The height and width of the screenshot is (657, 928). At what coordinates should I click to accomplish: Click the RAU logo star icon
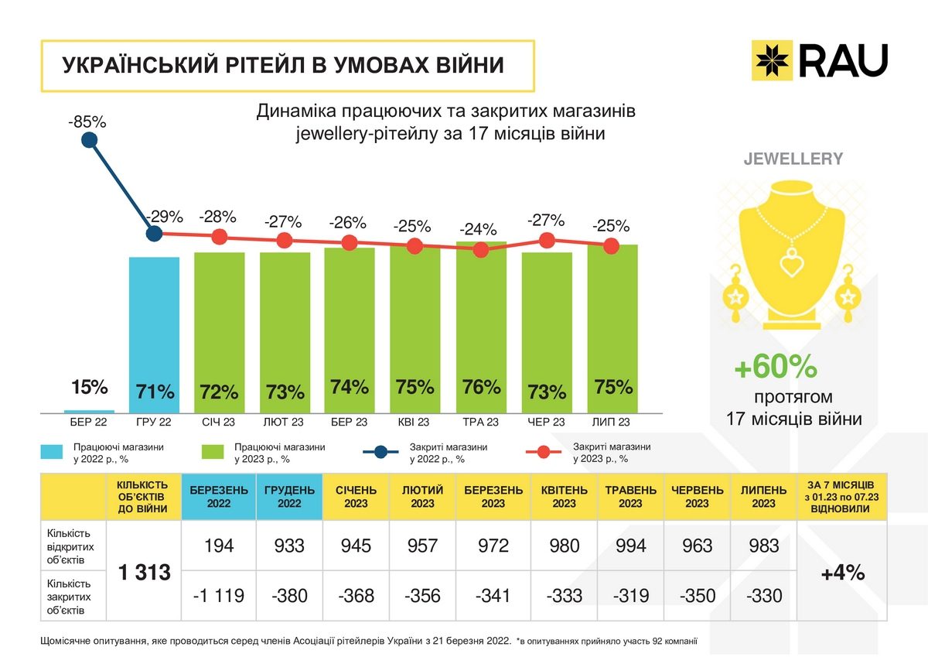click(773, 60)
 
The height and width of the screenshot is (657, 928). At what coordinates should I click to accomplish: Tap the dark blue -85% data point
click(89, 140)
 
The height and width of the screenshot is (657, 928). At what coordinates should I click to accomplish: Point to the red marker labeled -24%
click(481, 249)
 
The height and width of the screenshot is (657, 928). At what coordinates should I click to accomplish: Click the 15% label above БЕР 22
click(90, 387)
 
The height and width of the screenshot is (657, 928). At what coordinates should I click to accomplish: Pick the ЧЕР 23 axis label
click(546, 423)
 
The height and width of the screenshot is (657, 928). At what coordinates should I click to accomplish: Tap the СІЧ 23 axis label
click(219, 423)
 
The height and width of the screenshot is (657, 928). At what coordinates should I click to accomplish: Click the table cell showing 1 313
click(144, 573)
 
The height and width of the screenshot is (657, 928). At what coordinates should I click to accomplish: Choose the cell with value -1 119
click(219, 596)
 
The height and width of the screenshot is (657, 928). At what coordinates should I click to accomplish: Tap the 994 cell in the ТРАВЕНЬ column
click(629, 546)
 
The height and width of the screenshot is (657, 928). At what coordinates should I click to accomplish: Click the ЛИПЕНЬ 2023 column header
click(763, 497)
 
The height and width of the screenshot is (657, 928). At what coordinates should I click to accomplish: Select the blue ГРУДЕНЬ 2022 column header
click(289, 497)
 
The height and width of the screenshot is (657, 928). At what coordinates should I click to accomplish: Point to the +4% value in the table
click(842, 573)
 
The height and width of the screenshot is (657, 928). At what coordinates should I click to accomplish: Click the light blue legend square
click(51, 453)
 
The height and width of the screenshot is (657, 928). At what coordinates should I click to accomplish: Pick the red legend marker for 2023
click(544, 453)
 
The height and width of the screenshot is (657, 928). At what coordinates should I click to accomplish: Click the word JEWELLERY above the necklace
click(793, 159)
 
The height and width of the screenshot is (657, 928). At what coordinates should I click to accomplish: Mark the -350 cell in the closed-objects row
click(697, 596)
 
